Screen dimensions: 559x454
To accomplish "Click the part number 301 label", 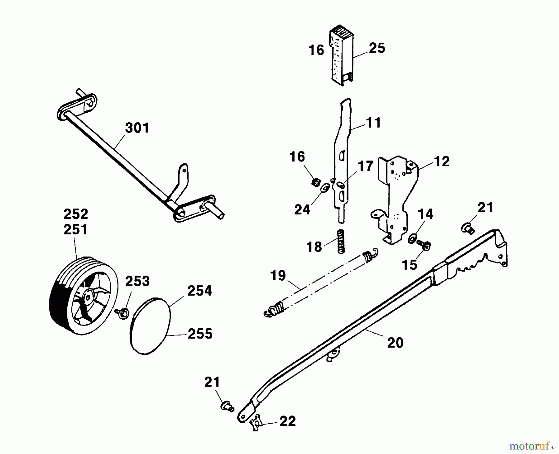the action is [x=137, y=128].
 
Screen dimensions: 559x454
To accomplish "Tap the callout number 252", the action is [x=76, y=214].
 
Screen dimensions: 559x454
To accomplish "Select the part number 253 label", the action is [x=137, y=281].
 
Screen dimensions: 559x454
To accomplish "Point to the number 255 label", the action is [x=200, y=334].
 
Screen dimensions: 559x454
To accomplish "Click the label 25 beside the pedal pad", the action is [x=377, y=48].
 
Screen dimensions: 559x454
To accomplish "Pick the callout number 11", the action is [x=374, y=123].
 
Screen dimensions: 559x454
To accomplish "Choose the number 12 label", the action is [x=441, y=161].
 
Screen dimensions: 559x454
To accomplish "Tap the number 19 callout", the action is [x=278, y=276].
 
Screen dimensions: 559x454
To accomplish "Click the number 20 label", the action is [x=395, y=343].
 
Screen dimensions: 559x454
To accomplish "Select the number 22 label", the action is [x=287, y=421].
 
